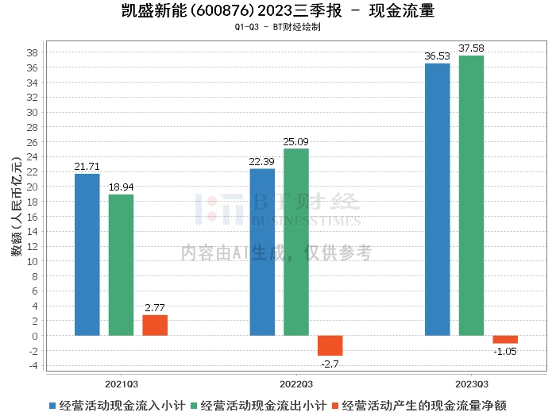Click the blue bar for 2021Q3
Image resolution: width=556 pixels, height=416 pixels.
[87, 254]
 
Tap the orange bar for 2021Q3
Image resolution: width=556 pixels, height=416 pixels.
[155, 325]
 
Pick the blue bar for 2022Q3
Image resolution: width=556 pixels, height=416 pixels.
[262, 252]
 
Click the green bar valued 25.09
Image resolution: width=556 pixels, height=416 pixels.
[296, 241]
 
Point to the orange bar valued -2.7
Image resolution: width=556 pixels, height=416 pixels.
[330, 345]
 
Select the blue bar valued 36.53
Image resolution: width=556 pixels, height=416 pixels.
[438, 199]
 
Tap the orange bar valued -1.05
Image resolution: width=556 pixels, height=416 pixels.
[505, 339]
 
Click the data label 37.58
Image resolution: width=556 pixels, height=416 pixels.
[471, 48]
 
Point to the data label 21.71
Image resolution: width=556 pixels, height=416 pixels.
[87, 167]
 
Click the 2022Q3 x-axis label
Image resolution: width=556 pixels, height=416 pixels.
[296, 382]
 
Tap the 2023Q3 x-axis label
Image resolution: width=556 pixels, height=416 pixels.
[471, 382]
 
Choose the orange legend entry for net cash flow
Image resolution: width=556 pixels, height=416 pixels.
[422, 404]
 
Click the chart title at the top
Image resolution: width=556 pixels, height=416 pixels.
[277, 11]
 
